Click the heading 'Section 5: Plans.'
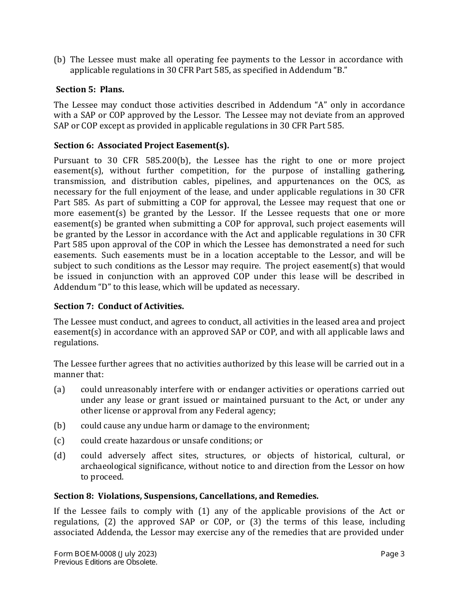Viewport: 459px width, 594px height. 90,89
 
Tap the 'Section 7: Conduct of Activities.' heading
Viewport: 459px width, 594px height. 119,306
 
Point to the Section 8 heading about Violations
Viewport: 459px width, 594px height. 186,496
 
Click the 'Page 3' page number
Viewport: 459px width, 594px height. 392,554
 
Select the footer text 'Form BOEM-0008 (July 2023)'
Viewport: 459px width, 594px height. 105,554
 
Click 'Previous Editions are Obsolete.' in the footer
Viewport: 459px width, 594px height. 106,562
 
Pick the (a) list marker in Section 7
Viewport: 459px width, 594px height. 59,389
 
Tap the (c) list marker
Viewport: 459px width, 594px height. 59,440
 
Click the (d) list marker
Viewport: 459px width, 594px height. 59,455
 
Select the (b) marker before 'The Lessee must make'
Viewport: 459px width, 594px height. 59,60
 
